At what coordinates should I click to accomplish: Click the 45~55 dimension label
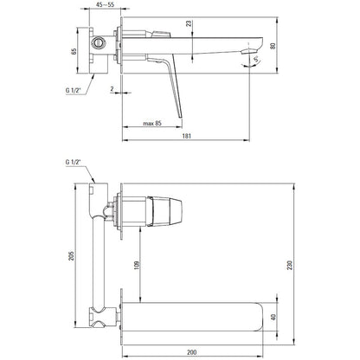105,4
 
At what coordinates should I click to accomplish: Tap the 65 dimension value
74,51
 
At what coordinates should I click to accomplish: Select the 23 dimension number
189,23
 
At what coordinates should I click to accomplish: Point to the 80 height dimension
273,46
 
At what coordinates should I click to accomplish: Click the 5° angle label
256,60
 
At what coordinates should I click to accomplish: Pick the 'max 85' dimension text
152,124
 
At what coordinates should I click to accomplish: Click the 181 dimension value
186,136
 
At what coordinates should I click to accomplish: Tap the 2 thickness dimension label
112,89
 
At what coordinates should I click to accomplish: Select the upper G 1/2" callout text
74,90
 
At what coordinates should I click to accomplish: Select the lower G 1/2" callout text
74,162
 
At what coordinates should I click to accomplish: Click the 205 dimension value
71,255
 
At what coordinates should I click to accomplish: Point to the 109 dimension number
137,266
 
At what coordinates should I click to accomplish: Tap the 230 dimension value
290,265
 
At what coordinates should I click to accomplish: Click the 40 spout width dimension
273,317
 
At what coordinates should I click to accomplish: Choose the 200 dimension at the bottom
191,352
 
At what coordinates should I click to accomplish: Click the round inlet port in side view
99,43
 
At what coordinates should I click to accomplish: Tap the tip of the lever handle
181,117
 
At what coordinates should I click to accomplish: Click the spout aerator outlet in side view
248,52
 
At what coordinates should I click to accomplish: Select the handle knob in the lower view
164,211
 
